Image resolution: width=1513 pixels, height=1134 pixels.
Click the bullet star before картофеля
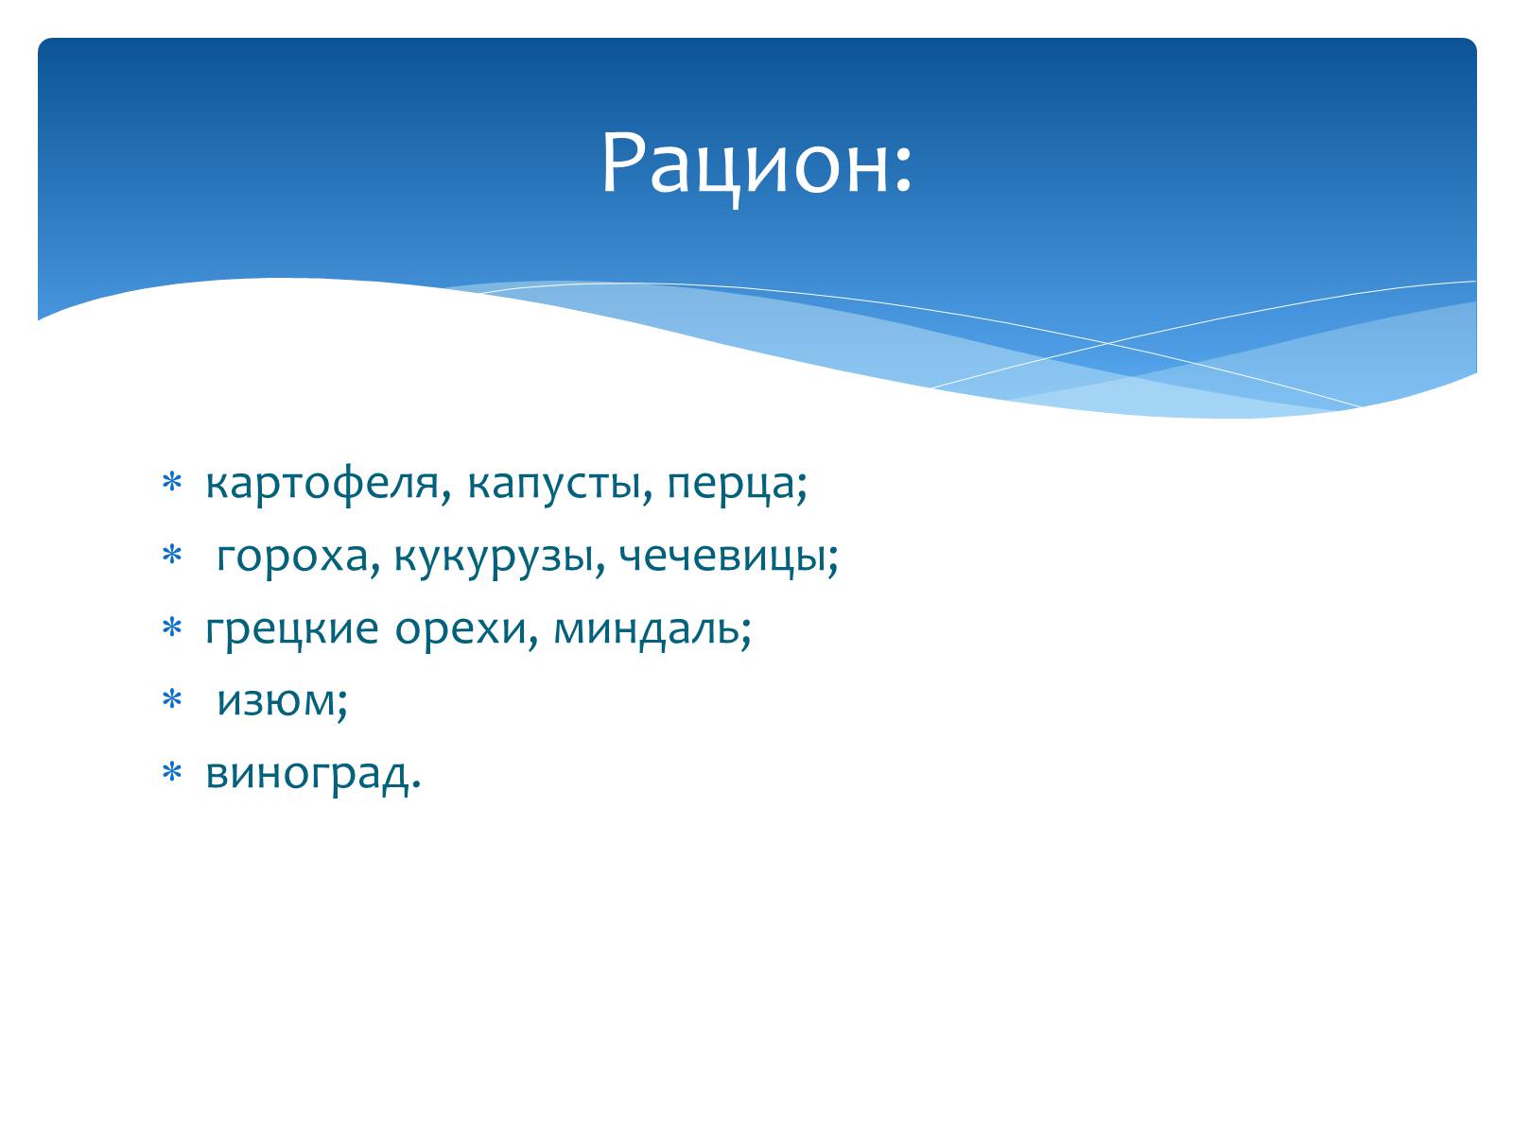[171, 482]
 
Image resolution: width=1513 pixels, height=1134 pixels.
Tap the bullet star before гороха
[171, 555]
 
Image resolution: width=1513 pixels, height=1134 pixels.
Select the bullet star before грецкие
[171, 627]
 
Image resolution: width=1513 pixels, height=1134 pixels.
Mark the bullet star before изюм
[171, 699]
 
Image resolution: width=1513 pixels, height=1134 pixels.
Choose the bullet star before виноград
[171, 771]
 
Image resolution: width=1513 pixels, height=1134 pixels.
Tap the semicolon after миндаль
[745, 633]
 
